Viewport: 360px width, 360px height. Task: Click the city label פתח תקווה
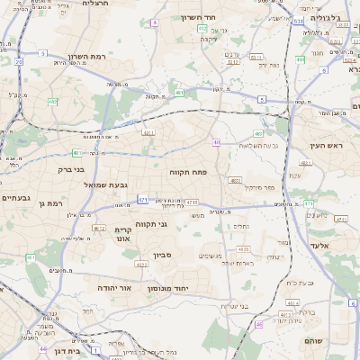click(188, 170)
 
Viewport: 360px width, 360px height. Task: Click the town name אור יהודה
click(114, 287)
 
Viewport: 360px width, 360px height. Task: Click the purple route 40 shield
click(216, 142)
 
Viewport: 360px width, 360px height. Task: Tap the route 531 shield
click(297, 18)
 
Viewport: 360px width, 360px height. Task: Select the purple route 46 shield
click(259, 324)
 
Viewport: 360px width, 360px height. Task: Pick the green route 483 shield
click(258, 133)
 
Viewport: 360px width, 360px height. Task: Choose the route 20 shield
click(18, 61)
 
